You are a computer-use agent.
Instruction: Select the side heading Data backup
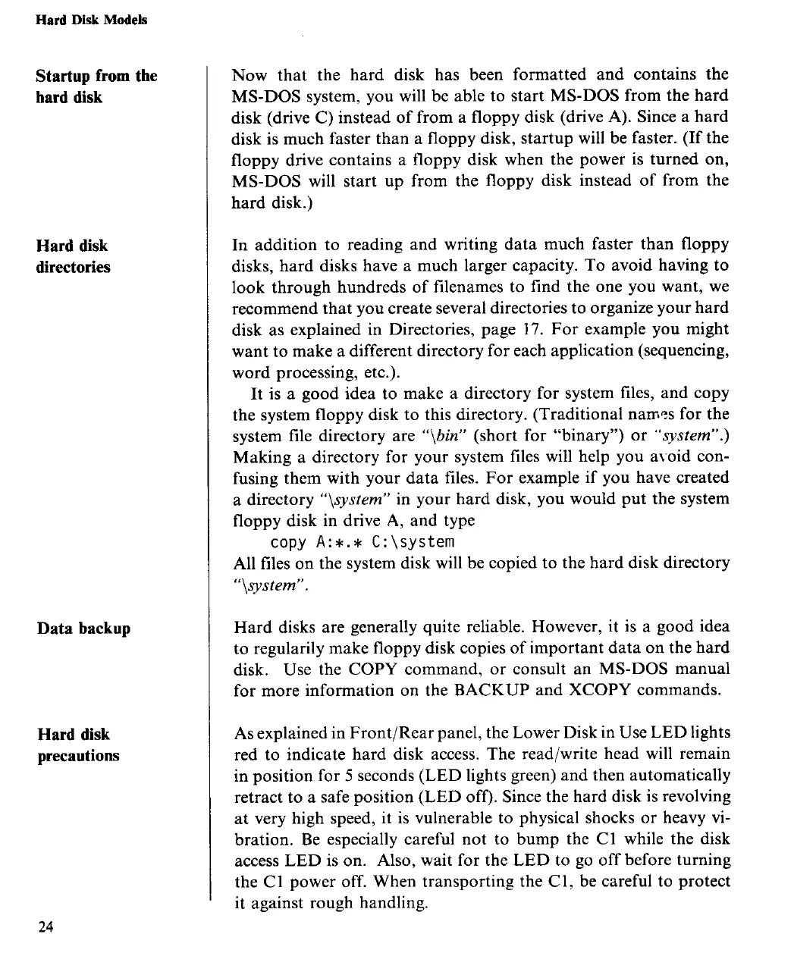point(84,629)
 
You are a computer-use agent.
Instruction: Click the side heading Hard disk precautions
point(78,745)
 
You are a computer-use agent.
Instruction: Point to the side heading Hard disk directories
point(73,256)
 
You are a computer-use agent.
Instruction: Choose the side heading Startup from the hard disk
point(96,86)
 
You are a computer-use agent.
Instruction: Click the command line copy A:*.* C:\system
point(362,542)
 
